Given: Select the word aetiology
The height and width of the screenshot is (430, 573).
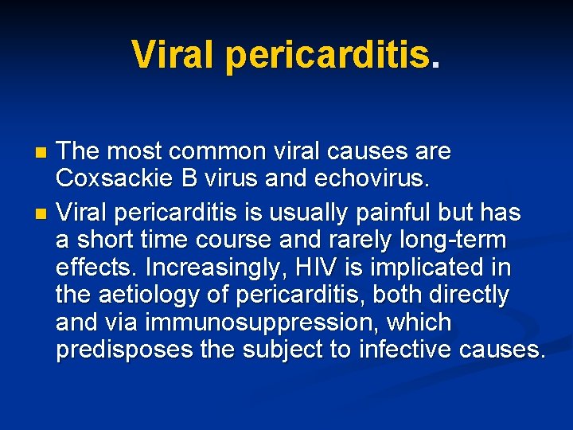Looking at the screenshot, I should [x=152, y=295].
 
